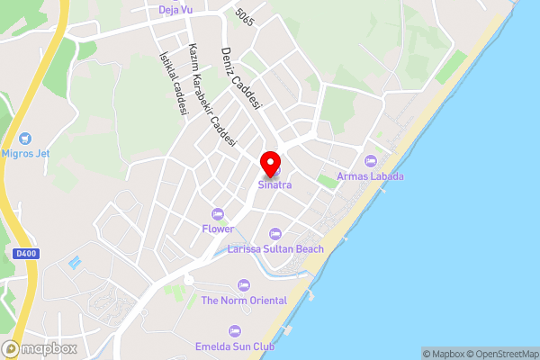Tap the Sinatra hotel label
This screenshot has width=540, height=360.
274,185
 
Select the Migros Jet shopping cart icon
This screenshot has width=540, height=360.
24,139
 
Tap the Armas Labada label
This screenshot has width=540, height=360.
370,176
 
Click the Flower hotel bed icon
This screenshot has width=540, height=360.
217,213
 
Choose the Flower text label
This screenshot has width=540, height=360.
218,229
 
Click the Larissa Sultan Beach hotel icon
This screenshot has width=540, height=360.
275,233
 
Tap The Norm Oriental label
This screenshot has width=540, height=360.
244,301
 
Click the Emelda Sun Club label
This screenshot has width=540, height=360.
234,346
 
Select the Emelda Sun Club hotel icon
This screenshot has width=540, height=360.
235,331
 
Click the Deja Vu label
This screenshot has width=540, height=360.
175,10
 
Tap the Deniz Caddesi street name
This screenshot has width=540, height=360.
241,78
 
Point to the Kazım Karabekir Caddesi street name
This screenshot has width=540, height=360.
211,94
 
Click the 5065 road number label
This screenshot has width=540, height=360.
244,16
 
